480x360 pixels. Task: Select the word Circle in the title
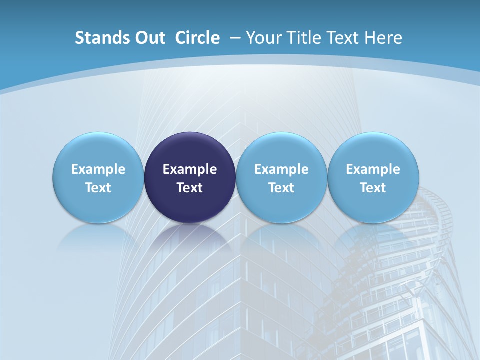coord(197,38)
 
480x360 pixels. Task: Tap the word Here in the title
coord(383,38)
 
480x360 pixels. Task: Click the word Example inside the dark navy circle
coord(190,169)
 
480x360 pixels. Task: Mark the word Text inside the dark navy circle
coord(190,188)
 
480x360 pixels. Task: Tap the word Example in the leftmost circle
coord(98,169)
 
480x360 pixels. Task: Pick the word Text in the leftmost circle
coord(98,188)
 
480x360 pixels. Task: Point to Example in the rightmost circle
coord(373,169)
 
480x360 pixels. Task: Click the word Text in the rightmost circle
coord(373,188)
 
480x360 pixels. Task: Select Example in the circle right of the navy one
coord(281,169)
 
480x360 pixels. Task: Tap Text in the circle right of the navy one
coord(281,188)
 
